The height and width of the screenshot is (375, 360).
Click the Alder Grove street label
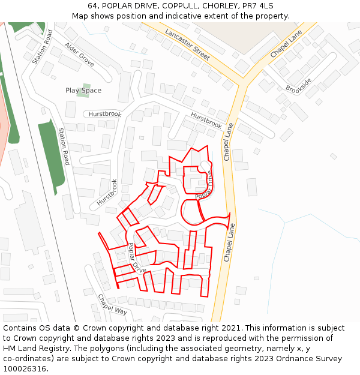[79, 54]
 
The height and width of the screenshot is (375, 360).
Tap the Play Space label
[83, 91]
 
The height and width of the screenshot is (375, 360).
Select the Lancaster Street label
[187, 44]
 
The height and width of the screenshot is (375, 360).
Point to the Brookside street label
[299, 86]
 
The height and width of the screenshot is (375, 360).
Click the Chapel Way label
[113, 304]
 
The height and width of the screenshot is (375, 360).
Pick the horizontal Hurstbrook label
[105, 114]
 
